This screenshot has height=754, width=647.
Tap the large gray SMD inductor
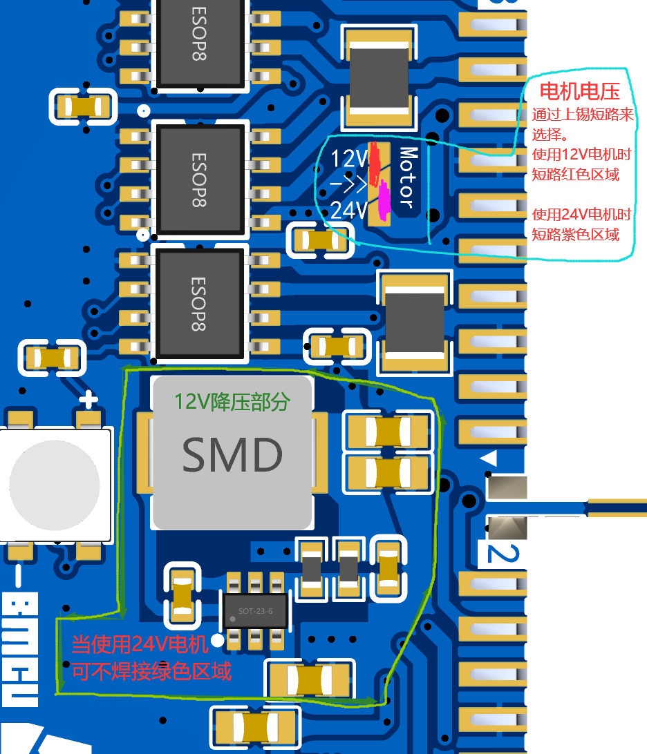(x=232, y=453)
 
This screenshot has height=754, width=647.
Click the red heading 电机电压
(x=579, y=92)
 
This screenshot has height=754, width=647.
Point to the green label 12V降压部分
(x=232, y=401)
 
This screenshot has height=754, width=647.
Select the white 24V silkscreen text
(x=348, y=209)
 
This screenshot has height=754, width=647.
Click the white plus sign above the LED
(x=88, y=399)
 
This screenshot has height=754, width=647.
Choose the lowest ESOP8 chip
(x=199, y=304)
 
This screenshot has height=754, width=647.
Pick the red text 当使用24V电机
(x=140, y=645)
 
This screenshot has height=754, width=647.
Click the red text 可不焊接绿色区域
(x=151, y=670)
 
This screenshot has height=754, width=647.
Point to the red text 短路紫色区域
(x=575, y=235)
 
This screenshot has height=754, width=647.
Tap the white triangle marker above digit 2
(x=489, y=458)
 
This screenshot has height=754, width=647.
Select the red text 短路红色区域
(x=575, y=174)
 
